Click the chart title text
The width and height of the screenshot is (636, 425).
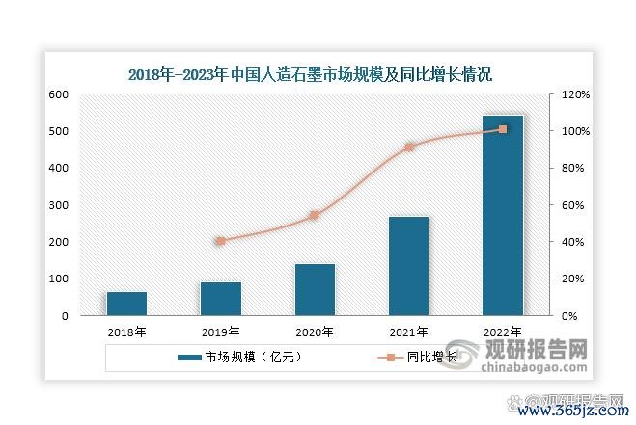point(318,73)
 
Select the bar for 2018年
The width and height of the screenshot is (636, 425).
point(126,304)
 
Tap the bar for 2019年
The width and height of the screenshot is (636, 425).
point(220,299)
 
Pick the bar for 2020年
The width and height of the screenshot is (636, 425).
point(315,289)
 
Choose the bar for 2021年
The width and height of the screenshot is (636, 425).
point(408,266)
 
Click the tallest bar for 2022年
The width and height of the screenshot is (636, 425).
point(502,216)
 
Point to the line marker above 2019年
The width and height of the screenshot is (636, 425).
point(220,241)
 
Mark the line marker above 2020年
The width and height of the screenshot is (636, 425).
point(315,216)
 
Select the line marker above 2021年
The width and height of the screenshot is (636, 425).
point(408,147)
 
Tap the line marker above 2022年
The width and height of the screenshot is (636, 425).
point(502,129)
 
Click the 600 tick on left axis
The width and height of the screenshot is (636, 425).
point(59,94)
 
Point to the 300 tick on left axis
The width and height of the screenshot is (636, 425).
point(59,205)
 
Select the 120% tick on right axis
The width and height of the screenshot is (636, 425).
point(564,94)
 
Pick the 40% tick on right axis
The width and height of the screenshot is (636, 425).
point(560,242)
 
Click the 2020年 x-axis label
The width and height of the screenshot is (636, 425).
point(315,332)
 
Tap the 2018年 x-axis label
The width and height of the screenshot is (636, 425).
point(126,332)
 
